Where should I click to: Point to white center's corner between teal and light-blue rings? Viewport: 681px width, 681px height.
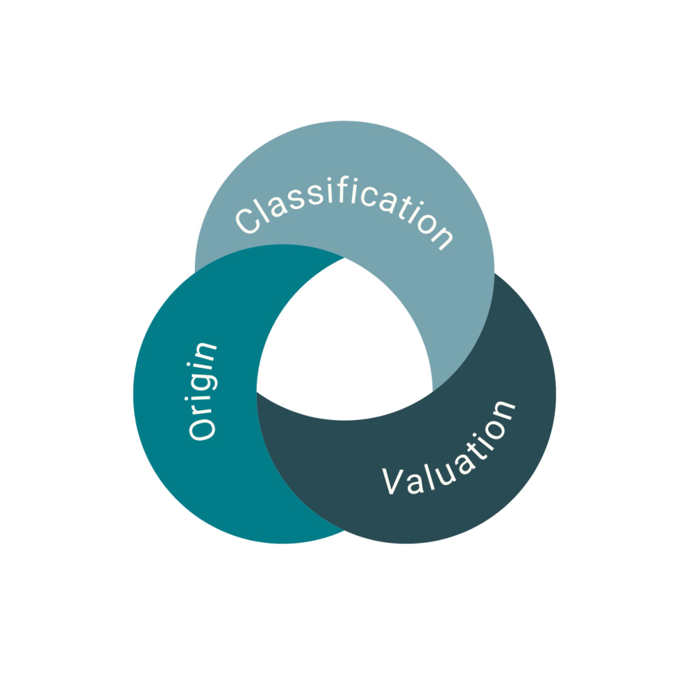tap(344, 259)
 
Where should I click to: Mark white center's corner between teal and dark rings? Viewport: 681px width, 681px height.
tap(258, 392)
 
